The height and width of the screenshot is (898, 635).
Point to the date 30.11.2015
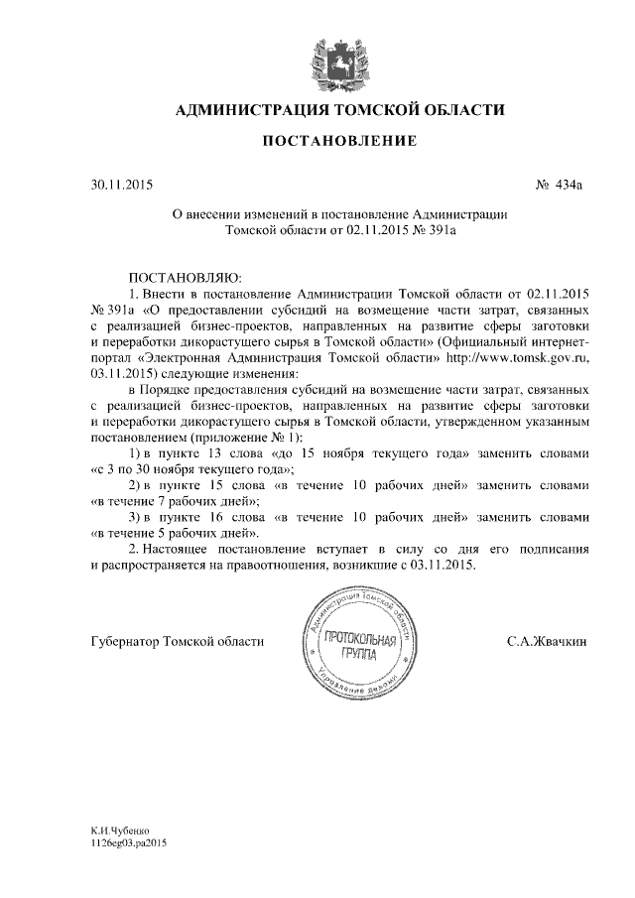click(x=122, y=185)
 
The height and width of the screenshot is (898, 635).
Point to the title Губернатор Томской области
click(x=177, y=642)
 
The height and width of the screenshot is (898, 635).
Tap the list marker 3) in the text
click(x=139, y=517)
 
